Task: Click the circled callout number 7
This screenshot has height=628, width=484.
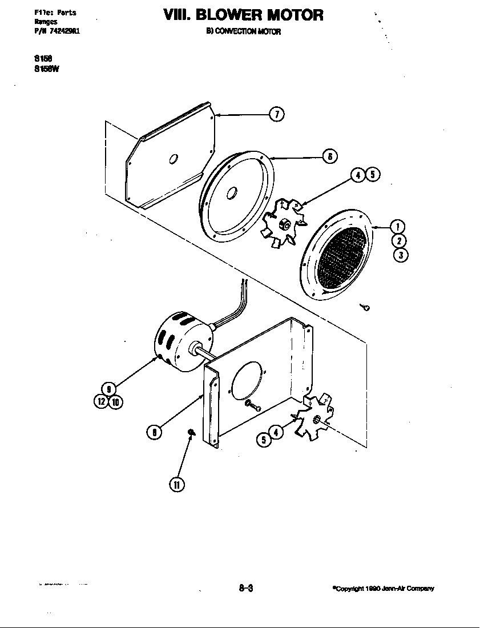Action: click(276, 115)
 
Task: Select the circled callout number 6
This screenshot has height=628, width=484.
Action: click(329, 155)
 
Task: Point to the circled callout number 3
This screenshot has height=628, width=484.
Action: click(401, 255)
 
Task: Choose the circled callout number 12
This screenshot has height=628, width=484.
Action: click(101, 401)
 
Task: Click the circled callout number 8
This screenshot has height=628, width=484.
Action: click(154, 432)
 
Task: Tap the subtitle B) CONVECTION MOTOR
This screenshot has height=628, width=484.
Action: click(244, 32)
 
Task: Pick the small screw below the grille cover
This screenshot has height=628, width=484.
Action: click(366, 308)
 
